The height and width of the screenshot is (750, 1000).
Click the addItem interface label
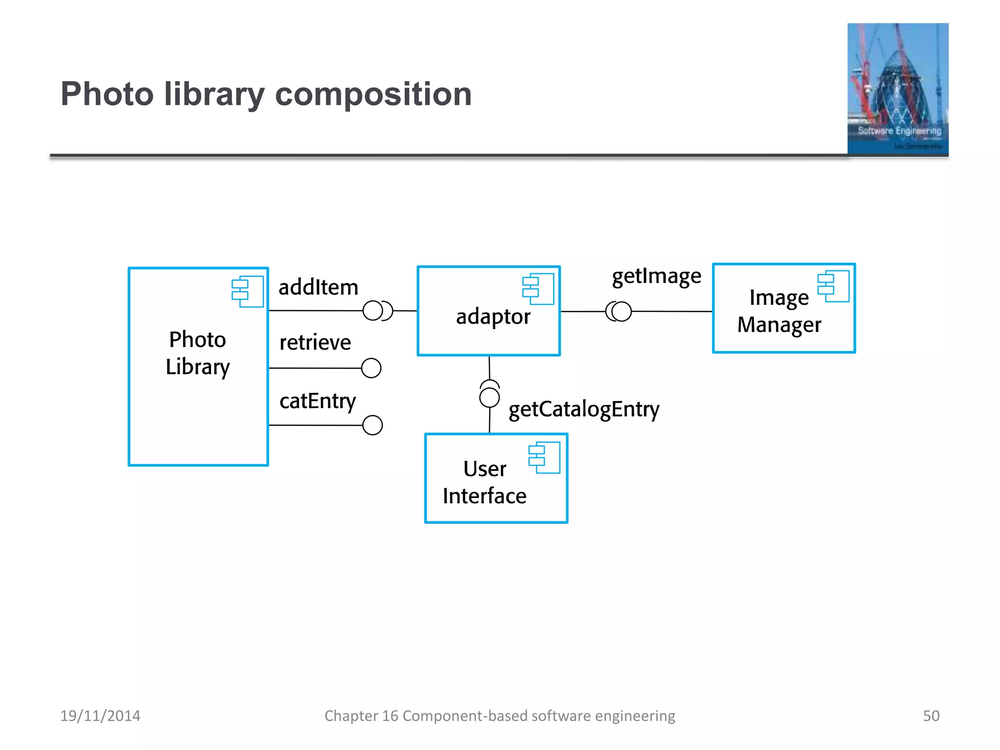(x=318, y=287)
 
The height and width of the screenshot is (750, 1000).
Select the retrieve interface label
(x=315, y=342)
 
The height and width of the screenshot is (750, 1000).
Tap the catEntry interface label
(x=317, y=401)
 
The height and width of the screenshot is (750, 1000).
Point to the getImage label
(x=656, y=276)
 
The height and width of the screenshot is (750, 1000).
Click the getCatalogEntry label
(x=583, y=409)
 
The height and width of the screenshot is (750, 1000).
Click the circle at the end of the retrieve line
(x=371, y=368)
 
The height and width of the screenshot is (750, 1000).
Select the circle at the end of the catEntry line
(x=373, y=425)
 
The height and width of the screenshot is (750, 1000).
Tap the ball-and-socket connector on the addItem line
(x=377, y=311)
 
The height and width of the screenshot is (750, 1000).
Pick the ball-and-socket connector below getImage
(x=619, y=312)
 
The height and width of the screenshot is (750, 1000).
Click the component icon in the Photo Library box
(x=248, y=292)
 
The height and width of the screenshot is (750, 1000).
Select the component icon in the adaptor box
(x=538, y=289)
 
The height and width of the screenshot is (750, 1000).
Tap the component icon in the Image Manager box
(x=833, y=286)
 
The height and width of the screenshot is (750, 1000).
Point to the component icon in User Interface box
(x=544, y=458)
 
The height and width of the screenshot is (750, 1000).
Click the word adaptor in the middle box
(x=493, y=317)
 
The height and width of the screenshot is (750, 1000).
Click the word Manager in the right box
(x=779, y=325)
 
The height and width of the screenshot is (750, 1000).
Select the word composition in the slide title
(x=373, y=94)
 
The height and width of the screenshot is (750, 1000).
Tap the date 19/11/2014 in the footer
(x=100, y=716)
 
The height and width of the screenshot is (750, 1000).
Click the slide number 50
(x=931, y=716)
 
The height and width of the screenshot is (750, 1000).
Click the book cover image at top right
(x=897, y=89)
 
